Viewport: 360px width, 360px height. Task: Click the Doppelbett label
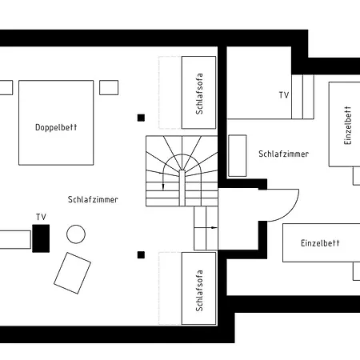[56, 127]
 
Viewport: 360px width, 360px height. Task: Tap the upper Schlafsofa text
[199, 94]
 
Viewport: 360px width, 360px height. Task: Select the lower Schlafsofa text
[199, 290]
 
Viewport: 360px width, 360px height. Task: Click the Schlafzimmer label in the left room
[93, 199]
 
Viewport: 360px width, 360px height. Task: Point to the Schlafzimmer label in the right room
[284, 154]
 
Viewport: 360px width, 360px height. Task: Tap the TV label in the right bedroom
[284, 95]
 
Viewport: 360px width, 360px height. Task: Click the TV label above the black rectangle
[41, 217]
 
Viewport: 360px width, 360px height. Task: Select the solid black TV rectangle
[41, 238]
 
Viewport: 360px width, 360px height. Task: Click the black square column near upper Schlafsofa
[141, 118]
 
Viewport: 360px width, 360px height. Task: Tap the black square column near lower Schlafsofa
[141, 255]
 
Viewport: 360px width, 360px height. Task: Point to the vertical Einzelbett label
[348, 126]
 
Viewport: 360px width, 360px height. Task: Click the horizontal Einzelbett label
[320, 243]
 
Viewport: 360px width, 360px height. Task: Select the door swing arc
[290, 213]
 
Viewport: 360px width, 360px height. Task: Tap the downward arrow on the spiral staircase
[162, 181]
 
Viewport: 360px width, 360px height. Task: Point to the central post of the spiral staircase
[182, 188]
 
